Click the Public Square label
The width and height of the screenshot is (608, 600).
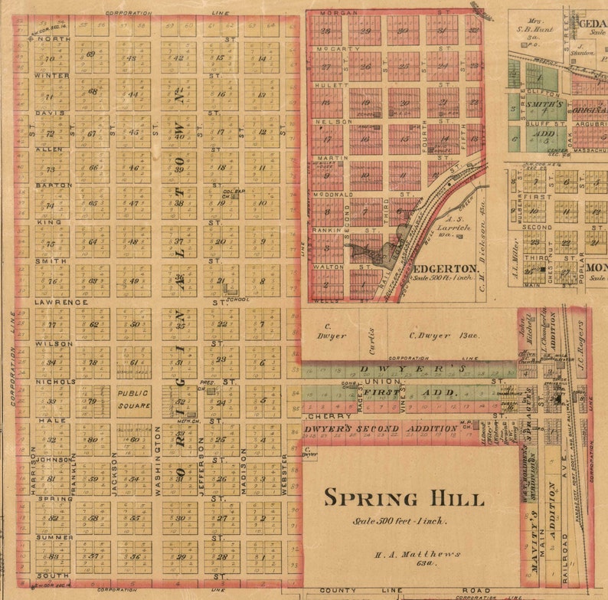click(x=134, y=398)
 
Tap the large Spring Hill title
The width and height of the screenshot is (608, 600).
click(x=404, y=497)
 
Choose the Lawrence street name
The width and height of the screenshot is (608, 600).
click(x=60, y=302)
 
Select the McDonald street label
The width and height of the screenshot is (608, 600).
click(x=332, y=195)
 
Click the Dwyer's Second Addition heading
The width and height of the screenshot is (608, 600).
click(x=381, y=428)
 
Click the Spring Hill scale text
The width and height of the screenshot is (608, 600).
click(x=400, y=522)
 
